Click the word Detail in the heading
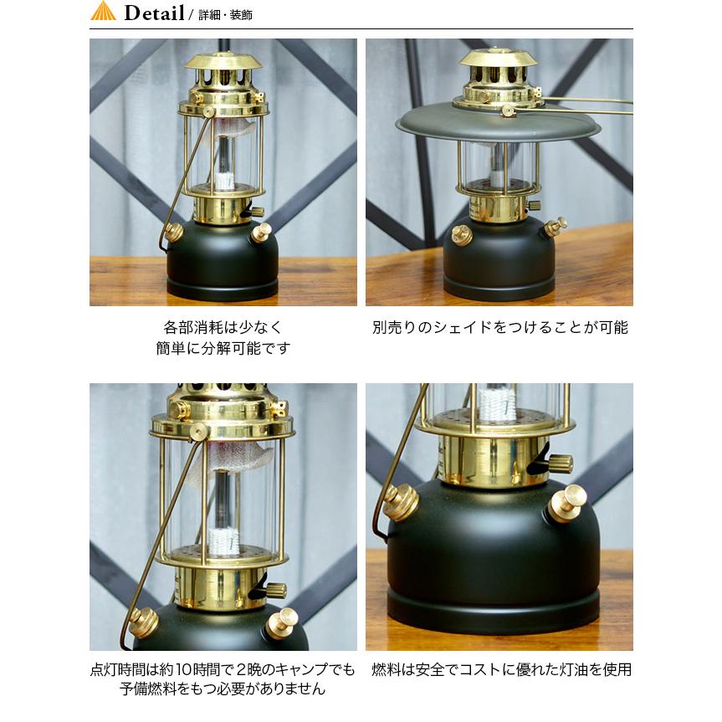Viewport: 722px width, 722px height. pyautogui.click(x=154, y=13)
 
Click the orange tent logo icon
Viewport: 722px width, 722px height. pyautogui.click(x=103, y=12)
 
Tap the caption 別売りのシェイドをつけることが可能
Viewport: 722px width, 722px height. pyautogui.click(x=499, y=327)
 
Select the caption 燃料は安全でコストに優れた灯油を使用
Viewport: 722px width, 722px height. pyautogui.click(x=499, y=669)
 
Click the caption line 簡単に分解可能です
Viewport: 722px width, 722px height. pyautogui.click(x=223, y=348)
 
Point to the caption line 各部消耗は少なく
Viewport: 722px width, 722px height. pyautogui.click(x=223, y=327)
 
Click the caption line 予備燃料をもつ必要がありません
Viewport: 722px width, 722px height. pyautogui.click(x=223, y=689)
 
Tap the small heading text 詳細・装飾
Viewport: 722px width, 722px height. pyautogui.click(x=225, y=15)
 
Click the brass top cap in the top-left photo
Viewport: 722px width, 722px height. pyautogui.click(x=224, y=68)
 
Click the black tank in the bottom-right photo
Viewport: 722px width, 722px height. pyautogui.click(x=494, y=569)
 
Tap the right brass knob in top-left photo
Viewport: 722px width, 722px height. pyautogui.click(x=263, y=231)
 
